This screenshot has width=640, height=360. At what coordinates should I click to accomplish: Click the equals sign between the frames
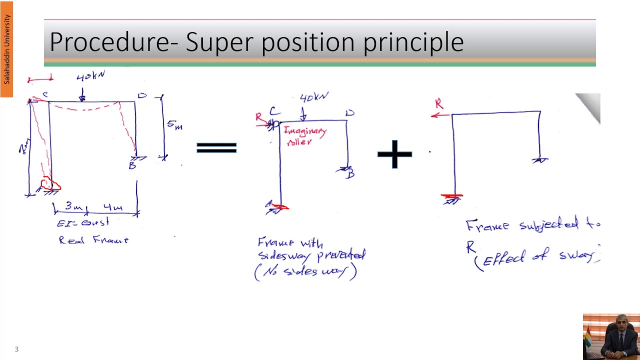click(216, 147)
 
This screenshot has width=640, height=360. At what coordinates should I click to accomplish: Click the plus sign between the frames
click(394, 153)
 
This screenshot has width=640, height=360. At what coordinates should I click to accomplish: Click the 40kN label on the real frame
click(90, 76)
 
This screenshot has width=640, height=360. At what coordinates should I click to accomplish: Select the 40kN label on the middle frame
click(313, 97)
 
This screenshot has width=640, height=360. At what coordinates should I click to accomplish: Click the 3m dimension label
click(73, 206)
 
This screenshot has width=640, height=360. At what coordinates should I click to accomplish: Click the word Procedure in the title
click(109, 42)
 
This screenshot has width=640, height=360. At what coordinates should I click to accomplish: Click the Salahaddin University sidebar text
click(7, 49)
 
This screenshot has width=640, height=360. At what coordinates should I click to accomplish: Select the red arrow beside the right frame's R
click(440, 115)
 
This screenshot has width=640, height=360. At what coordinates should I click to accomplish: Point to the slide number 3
click(16, 349)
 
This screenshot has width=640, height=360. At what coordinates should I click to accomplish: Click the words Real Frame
click(93, 240)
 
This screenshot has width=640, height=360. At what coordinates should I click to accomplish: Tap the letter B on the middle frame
click(351, 173)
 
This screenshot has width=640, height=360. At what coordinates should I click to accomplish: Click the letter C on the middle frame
click(273, 111)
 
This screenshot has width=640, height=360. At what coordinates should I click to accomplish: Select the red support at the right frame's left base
click(452, 197)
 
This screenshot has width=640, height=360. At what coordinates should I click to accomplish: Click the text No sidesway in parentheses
click(305, 272)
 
